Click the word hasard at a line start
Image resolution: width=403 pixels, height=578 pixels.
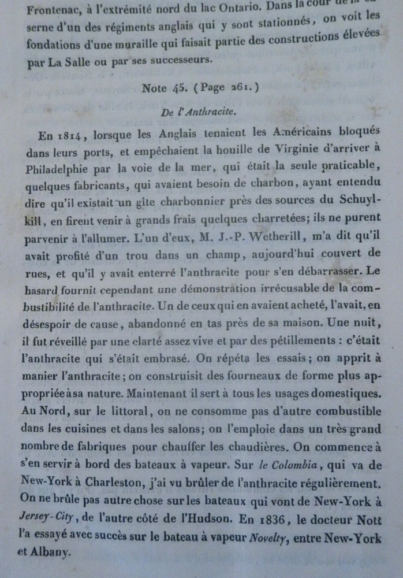pyautogui.click(x=46, y=272)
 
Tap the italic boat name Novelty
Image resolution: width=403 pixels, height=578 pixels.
pyautogui.click(x=268, y=539)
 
